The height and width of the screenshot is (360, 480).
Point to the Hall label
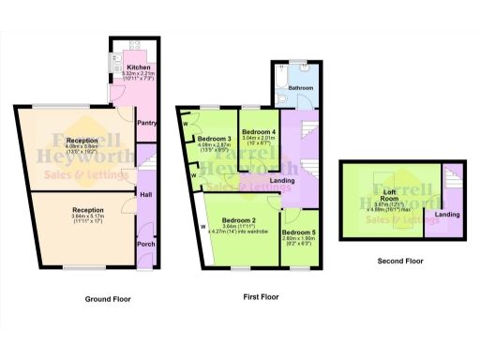tap(146, 194)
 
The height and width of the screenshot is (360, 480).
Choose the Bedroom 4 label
tap(258, 130)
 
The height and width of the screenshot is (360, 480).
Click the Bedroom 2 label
tap(240, 215)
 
